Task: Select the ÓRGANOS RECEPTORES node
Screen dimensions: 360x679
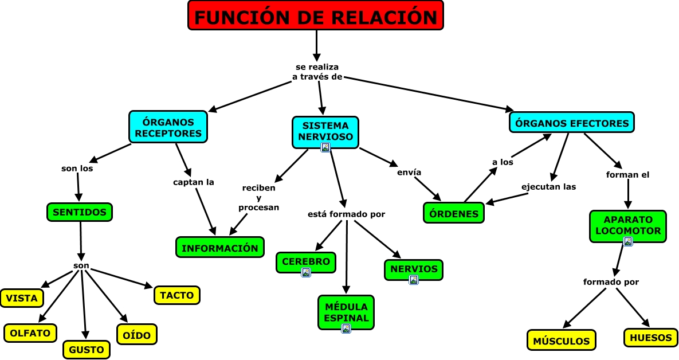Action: [168, 127]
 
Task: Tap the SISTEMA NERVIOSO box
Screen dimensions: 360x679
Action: [325, 131]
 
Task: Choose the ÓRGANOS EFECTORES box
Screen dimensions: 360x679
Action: [571, 123]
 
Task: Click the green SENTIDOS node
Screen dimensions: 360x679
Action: [80, 212]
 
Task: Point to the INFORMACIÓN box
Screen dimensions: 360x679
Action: [220, 248]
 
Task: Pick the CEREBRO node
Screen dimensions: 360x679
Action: [305, 261]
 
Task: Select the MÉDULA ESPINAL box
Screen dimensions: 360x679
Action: [346, 311]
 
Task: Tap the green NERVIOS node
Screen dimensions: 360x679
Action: [414, 269]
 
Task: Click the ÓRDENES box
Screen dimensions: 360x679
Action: [454, 213]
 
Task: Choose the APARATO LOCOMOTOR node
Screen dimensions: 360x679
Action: [628, 225]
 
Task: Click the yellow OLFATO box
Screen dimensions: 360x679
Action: [30, 332]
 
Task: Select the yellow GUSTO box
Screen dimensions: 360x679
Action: [86, 349]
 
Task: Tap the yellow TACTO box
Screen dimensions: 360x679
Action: [177, 295]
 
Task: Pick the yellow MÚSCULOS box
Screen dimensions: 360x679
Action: [561, 341]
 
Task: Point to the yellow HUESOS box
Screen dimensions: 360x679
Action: [650, 338]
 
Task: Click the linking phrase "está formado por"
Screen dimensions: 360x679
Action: [346, 214]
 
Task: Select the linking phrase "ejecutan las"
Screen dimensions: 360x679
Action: [548, 186]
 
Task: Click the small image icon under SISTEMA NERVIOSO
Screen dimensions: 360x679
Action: [325, 147]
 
